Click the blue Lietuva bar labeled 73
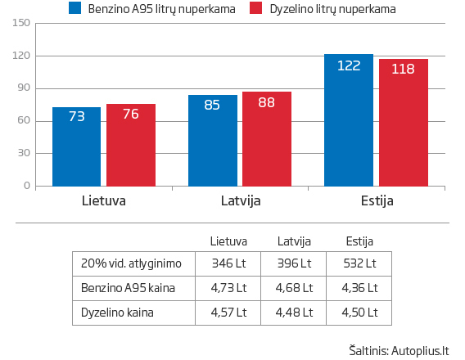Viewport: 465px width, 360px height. coord(76,146)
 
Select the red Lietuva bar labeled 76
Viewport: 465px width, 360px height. coord(130,144)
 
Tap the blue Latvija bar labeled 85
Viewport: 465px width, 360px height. coord(212,140)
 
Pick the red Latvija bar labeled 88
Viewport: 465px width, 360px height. coord(266,138)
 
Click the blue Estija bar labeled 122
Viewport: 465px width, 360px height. coord(349,120)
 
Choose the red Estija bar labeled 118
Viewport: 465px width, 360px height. coord(403,122)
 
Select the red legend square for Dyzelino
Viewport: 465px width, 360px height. coord(255,9)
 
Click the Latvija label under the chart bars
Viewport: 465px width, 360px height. coord(241,200)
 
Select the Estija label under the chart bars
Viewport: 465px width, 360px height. coord(376,200)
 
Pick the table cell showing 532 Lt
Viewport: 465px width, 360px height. coord(359,263)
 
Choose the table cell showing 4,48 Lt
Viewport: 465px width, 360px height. coord(294,312)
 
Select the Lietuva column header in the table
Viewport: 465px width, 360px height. coord(228,241)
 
